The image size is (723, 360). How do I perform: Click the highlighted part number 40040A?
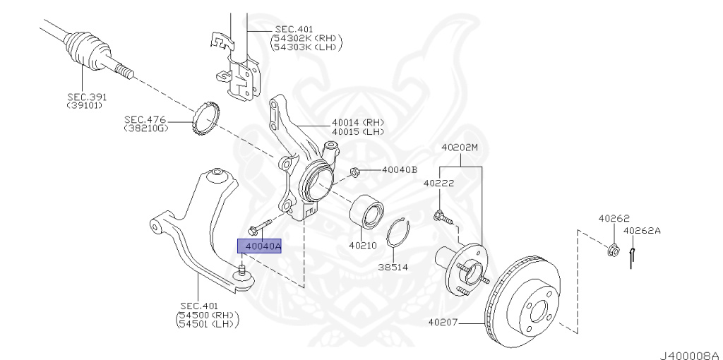point(259,246)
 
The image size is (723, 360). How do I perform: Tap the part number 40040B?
point(400,170)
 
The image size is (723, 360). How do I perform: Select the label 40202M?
point(460,148)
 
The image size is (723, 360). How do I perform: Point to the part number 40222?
point(438,183)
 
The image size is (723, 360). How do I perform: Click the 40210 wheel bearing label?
point(362,246)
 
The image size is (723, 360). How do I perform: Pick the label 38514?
point(393,268)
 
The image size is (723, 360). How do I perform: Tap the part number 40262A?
point(642,230)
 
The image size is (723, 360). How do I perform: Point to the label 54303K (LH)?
point(306,47)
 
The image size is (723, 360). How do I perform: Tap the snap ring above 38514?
point(400,239)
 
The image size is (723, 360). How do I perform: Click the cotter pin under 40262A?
point(633,256)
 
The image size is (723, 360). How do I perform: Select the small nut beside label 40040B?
point(356,171)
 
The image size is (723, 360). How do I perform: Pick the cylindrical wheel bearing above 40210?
point(367,211)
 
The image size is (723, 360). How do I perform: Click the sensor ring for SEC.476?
point(206,116)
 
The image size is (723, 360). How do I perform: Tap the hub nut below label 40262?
point(613,248)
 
